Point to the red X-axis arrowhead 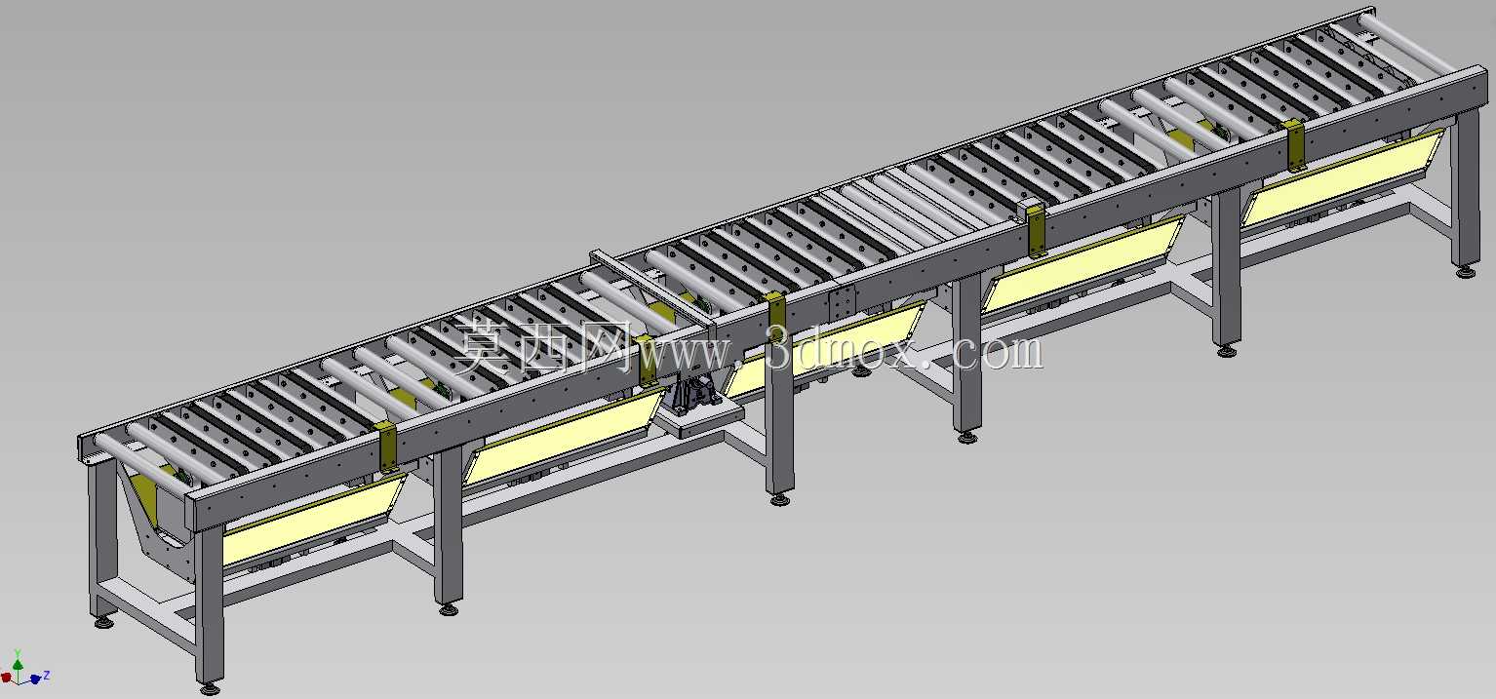[x=6, y=679]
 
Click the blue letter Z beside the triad [x=47, y=675]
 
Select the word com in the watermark [x=997, y=351]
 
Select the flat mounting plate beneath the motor [x=700, y=420]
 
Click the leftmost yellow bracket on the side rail [x=388, y=448]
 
